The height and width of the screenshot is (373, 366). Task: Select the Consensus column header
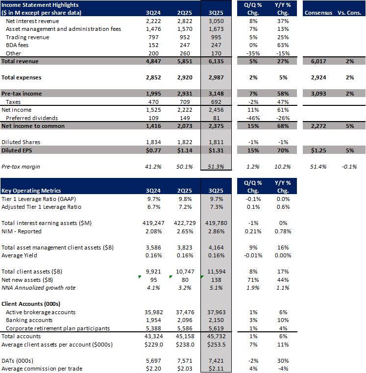coord(318,12)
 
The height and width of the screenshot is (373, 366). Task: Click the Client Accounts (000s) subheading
coord(31,304)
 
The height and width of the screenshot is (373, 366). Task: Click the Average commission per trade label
coord(42,369)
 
